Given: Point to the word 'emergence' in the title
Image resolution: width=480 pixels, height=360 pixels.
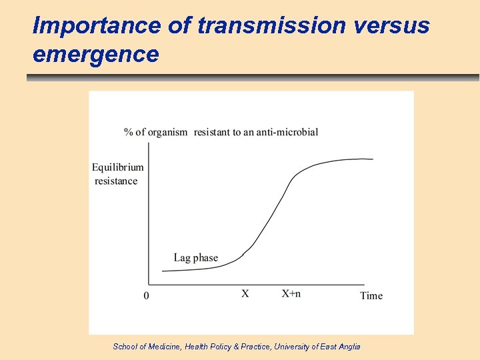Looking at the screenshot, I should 95,53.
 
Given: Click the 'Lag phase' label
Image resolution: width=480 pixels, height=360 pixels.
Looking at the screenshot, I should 195,258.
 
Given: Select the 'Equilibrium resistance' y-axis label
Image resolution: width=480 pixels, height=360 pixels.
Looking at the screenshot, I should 117,174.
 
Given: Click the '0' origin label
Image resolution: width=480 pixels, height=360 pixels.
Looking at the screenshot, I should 147,295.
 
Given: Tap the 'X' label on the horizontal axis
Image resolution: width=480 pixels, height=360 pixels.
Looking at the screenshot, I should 245,294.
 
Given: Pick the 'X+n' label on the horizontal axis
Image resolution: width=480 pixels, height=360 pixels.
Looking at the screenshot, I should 291,294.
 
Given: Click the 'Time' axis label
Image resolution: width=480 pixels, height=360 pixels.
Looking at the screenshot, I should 371,295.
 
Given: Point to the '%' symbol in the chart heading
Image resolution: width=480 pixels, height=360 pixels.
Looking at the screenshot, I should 128,132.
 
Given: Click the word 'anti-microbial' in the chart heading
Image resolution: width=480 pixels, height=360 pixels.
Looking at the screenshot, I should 287,132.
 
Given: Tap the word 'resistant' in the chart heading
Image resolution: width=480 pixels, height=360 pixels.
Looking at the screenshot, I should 212,132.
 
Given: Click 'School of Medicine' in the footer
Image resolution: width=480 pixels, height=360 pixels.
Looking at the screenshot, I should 143,346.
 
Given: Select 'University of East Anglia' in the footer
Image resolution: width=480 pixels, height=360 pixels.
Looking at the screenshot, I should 318,346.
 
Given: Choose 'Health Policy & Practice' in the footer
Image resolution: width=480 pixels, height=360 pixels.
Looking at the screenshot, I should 226,346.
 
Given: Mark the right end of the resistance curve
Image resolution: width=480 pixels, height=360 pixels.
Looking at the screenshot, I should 372,159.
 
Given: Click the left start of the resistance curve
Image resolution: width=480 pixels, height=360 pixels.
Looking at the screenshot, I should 163,271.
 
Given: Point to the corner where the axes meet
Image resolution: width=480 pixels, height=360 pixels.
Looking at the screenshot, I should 149,285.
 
